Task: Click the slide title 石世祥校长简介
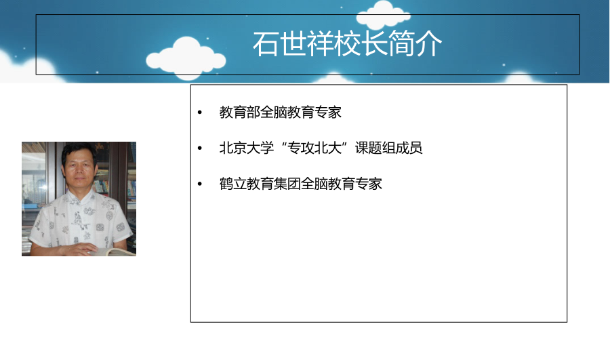(x=348, y=43)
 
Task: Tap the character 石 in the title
(x=266, y=43)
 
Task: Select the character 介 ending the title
(x=429, y=43)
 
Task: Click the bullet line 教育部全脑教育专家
(x=280, y=112)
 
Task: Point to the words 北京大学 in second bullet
(x=247, y=148)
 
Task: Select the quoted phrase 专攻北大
(x=314, y=148)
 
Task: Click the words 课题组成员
(x=388, y=148)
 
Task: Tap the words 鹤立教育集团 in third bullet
(x=260, y=184)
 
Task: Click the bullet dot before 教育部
(x=200, y=113)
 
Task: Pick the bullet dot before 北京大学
(x=200, y=148)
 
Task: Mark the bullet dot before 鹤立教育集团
(x=200, y=184)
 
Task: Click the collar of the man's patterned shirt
(x=80, y=193)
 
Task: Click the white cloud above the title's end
(x=383, y=15)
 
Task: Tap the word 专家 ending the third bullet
(x=369, y=184)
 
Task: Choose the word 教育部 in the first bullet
(x=240, y=112)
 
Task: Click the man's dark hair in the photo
(x=79, y=150)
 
